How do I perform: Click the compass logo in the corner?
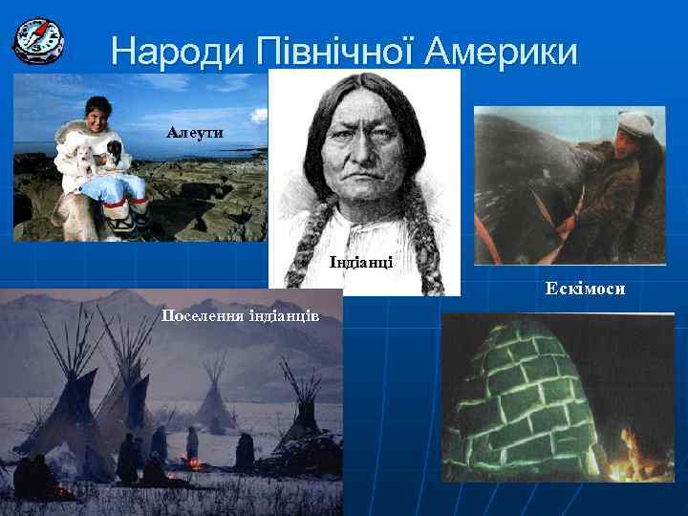38,40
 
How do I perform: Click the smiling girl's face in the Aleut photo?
96,118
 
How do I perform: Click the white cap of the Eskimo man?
634,121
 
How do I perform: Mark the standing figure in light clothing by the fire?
192,444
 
